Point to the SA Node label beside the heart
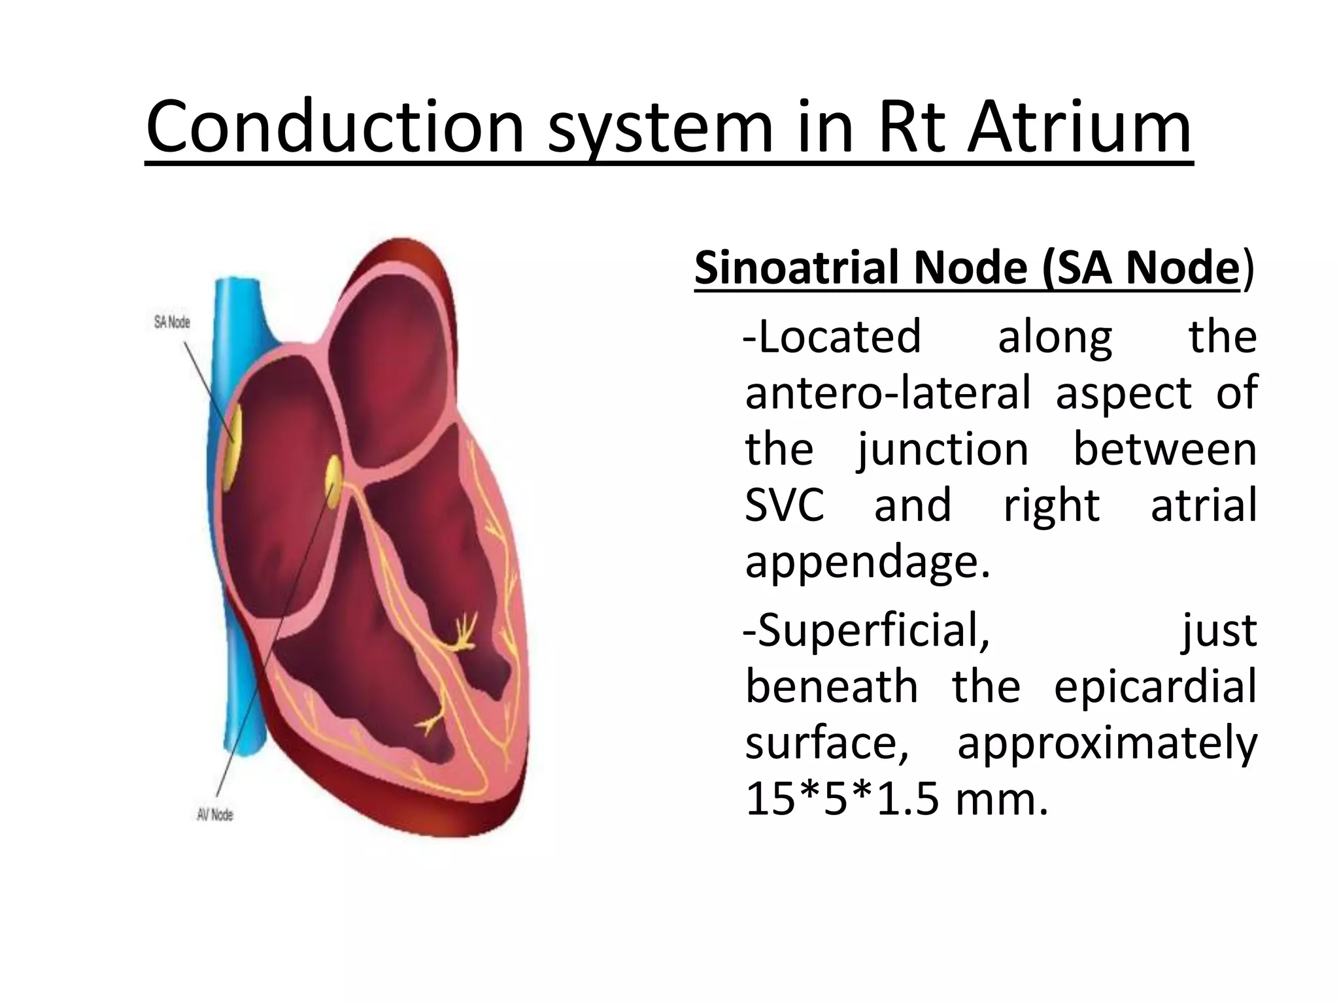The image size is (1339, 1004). pos(172,322)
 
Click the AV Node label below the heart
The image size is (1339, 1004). pos(215,814)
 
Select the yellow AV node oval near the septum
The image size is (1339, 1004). pos(334,482)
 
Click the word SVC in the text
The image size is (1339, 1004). pos(785,505)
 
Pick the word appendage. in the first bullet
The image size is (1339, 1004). pos(868,561)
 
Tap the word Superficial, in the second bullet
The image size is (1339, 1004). pos(866,631)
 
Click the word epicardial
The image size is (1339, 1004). pos(1155,687)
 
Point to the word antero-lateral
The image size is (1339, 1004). pos(887,393)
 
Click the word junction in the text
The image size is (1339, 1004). pos(943,450)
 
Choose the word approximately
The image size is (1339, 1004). pos(1107,743)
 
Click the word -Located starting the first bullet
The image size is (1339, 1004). pos(832,337)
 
